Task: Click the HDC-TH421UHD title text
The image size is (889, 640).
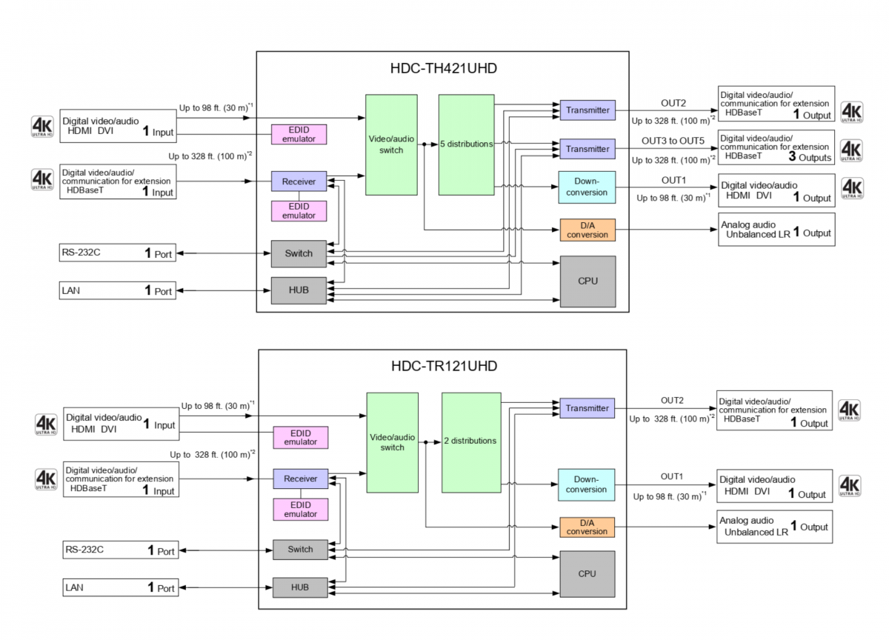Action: (444, 69)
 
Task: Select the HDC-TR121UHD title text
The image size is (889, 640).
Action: (444, 366)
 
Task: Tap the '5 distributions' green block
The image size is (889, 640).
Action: (466, 144)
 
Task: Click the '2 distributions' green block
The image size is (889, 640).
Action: (470, 441)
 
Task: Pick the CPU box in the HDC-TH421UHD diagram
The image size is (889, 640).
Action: (587, 281)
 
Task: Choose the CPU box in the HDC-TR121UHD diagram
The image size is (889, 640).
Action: (587, 574)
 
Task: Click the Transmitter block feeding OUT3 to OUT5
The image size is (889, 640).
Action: (587, 149)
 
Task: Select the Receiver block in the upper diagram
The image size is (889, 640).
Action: (299, 181)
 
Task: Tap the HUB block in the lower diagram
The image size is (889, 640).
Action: (300, 587)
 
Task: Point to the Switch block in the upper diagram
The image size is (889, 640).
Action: (299, 253)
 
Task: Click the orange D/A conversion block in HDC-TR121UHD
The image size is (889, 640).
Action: (587, 527)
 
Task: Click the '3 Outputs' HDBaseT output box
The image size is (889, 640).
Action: (776, 147)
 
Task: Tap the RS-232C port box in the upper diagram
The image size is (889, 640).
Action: (118, 253)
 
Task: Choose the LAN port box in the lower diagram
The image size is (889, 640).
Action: (120, 588)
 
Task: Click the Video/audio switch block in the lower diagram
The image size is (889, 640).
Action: (393, 442)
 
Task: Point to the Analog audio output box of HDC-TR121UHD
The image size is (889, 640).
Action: (774, 527)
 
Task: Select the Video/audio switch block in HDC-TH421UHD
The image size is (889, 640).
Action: (391, 144)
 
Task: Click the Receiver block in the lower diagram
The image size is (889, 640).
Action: (300, 479)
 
